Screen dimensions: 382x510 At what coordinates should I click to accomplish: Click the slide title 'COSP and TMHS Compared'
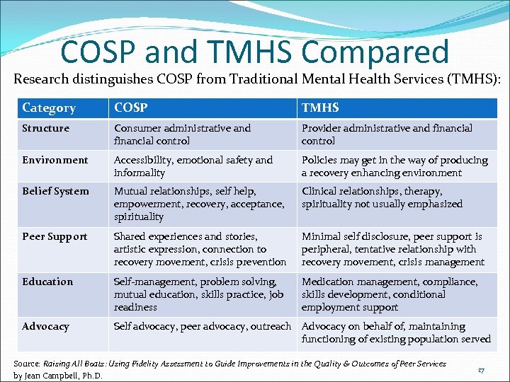(255, 52)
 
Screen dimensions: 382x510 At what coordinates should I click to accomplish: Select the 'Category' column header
(49, 108)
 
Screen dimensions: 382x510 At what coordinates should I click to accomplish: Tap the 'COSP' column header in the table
(131, 108)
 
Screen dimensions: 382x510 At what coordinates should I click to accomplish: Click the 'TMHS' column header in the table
(320, 108)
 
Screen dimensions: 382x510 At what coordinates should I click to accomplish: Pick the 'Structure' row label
(46, 128)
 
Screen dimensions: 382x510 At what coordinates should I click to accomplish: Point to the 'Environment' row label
(55, 160)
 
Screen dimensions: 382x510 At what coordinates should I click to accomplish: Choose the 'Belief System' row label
(56, 191)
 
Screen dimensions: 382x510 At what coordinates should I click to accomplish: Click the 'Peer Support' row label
(55, 236)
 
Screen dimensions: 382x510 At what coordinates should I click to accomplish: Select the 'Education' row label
(47, 282)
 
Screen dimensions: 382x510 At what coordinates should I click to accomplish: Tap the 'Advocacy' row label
(46, 326)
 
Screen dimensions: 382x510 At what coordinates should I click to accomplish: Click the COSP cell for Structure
(182, 134)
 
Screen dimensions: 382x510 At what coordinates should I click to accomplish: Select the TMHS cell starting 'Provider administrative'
(387, 134)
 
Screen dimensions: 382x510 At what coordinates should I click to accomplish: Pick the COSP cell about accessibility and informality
(193, 166)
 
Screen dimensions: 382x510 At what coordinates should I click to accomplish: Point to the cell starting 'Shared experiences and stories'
(200, 249)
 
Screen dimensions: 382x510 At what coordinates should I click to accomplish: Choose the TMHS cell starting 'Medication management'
(389, 294)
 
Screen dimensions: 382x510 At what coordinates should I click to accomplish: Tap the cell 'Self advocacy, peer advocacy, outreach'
(203, 326)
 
